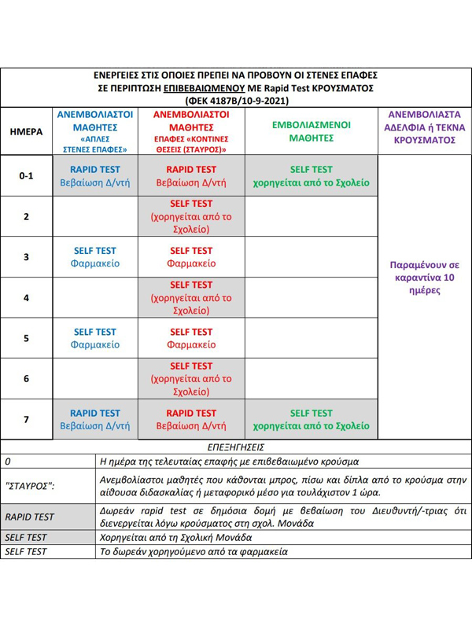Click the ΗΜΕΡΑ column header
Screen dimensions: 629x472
26,132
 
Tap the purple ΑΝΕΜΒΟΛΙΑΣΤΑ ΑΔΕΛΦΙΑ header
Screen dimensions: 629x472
424,127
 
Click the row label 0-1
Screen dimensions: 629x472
26,176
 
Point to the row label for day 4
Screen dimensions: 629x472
26,298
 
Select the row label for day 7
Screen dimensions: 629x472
26,419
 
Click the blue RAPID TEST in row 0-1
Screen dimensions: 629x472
95,169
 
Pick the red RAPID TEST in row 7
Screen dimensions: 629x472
191,413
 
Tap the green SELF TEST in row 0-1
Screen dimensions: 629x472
311,169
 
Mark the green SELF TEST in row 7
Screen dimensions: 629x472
311,413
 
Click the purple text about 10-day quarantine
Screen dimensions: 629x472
424,278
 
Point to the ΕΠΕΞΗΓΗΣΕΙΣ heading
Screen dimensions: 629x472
235,447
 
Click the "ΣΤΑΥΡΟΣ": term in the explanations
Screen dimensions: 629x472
30,486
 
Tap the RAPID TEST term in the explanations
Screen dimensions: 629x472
29,517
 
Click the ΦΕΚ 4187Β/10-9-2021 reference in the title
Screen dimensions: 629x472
235,101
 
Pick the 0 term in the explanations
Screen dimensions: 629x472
8,461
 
